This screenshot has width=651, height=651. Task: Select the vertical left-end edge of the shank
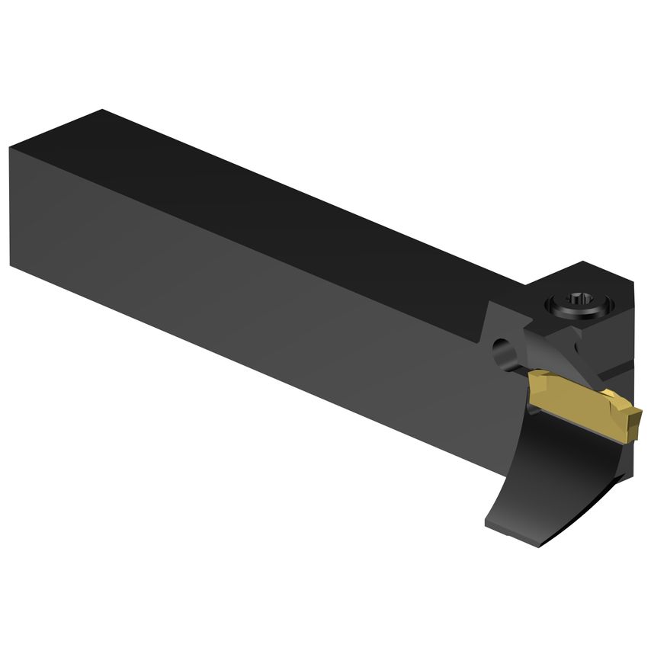coord(10,206)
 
